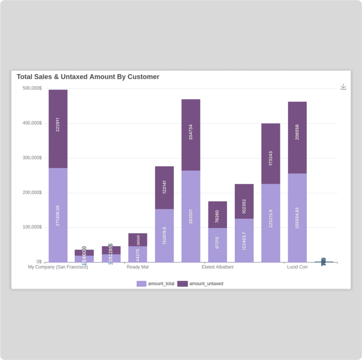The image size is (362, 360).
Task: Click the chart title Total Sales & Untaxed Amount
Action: (x=88, y=77)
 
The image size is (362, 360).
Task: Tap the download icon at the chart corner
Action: (x=344, y=87)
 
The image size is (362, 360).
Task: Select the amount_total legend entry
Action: (x=156, y=284)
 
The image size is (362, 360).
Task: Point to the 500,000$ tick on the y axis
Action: (x=32, y=88)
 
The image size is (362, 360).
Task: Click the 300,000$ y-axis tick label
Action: (x=32, y=158)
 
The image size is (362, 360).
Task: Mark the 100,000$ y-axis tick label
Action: (x=32, y=227)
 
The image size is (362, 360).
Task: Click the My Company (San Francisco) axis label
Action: (x=58, y=267)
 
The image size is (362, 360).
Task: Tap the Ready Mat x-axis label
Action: (x=137, y=267)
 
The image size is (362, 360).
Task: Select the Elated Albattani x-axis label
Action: (x=218, y=267)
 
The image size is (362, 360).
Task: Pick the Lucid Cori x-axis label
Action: (x=297, y=267)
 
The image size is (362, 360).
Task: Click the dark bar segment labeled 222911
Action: (x=58, y=129)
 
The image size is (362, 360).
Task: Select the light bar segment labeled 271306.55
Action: (x=58, y=215)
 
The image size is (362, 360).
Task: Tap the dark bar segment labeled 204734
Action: (x=191, y=135)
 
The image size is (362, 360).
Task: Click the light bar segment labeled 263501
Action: (x=191, y=216)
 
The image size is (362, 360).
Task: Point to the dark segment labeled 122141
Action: (x=164, y=188)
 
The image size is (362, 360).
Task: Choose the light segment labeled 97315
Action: (x=218, y=245)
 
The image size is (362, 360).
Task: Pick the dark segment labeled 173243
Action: (x=270, y=154)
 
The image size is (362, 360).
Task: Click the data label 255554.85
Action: (x=297, y=218)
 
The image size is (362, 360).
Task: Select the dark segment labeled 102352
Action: (x=244, y=201)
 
